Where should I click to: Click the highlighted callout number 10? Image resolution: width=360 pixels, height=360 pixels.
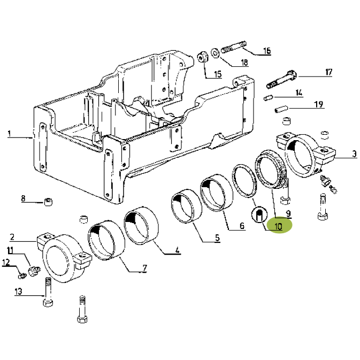coord(278,226)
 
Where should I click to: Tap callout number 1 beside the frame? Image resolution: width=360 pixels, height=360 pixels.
coord(9,133)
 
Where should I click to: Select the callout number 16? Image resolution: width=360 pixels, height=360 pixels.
coord(267,50)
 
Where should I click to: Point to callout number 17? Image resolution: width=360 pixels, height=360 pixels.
coord(329,72)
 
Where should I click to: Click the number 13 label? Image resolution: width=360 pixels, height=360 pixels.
coord(18,292)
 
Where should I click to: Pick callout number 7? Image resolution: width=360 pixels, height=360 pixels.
coord(144,267)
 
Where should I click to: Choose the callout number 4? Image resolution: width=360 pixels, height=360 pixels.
coord(177,250)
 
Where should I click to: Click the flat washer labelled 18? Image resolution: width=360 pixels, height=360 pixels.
coord(216,53)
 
